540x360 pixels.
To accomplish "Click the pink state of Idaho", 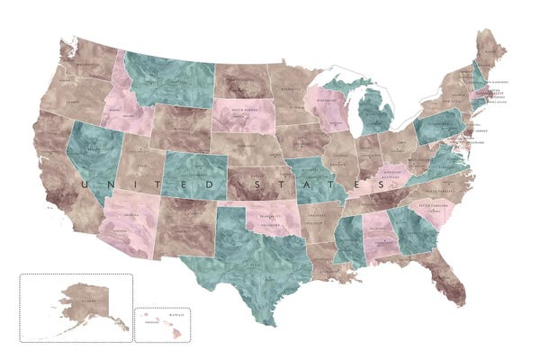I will [131, 103].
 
